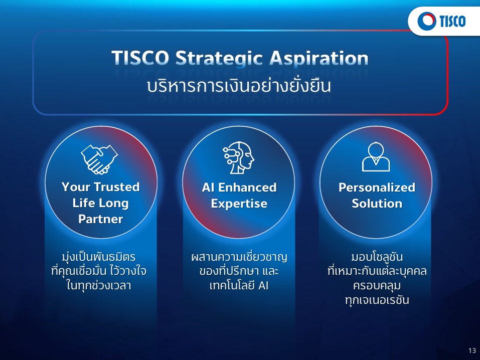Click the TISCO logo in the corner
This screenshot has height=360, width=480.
441,21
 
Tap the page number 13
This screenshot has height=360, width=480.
472,350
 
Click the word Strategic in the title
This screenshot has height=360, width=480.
220,58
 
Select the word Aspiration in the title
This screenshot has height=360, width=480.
318,58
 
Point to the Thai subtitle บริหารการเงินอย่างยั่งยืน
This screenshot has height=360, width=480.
239,86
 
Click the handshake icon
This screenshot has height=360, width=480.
99,159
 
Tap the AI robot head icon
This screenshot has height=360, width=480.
238,157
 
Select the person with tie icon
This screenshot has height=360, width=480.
376,157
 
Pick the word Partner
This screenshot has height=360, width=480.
101,219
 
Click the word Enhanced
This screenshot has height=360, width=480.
247,188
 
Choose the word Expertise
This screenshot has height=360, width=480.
239,204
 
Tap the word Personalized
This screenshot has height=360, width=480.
377,188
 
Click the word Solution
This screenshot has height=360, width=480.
377,203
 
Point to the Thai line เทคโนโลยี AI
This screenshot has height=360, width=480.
239,286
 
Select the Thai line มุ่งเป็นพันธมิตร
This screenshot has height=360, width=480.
99,257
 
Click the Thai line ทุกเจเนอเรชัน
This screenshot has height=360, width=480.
377,300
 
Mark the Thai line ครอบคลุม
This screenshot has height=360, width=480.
377,286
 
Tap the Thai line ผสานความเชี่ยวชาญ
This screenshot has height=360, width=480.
239,257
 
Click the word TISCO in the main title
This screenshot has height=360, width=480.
140,58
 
